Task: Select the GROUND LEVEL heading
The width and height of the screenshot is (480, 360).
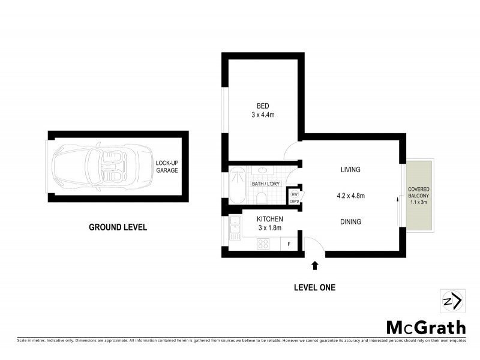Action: point(118,227)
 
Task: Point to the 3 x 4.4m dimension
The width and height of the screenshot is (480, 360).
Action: point(263,115)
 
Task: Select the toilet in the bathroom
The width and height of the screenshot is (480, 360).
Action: point(262,197)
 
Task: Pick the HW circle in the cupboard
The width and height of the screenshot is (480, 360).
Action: point(295,194)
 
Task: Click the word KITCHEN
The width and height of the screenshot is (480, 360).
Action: point(269,219)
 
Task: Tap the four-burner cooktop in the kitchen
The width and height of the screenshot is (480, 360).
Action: point(264,244)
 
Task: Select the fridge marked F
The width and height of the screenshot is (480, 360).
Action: point(289,244)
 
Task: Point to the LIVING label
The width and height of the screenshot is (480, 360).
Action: point(350,170)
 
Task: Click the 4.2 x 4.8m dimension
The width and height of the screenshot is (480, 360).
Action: point(350,196)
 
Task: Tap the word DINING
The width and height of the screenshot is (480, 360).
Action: point(350,222)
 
